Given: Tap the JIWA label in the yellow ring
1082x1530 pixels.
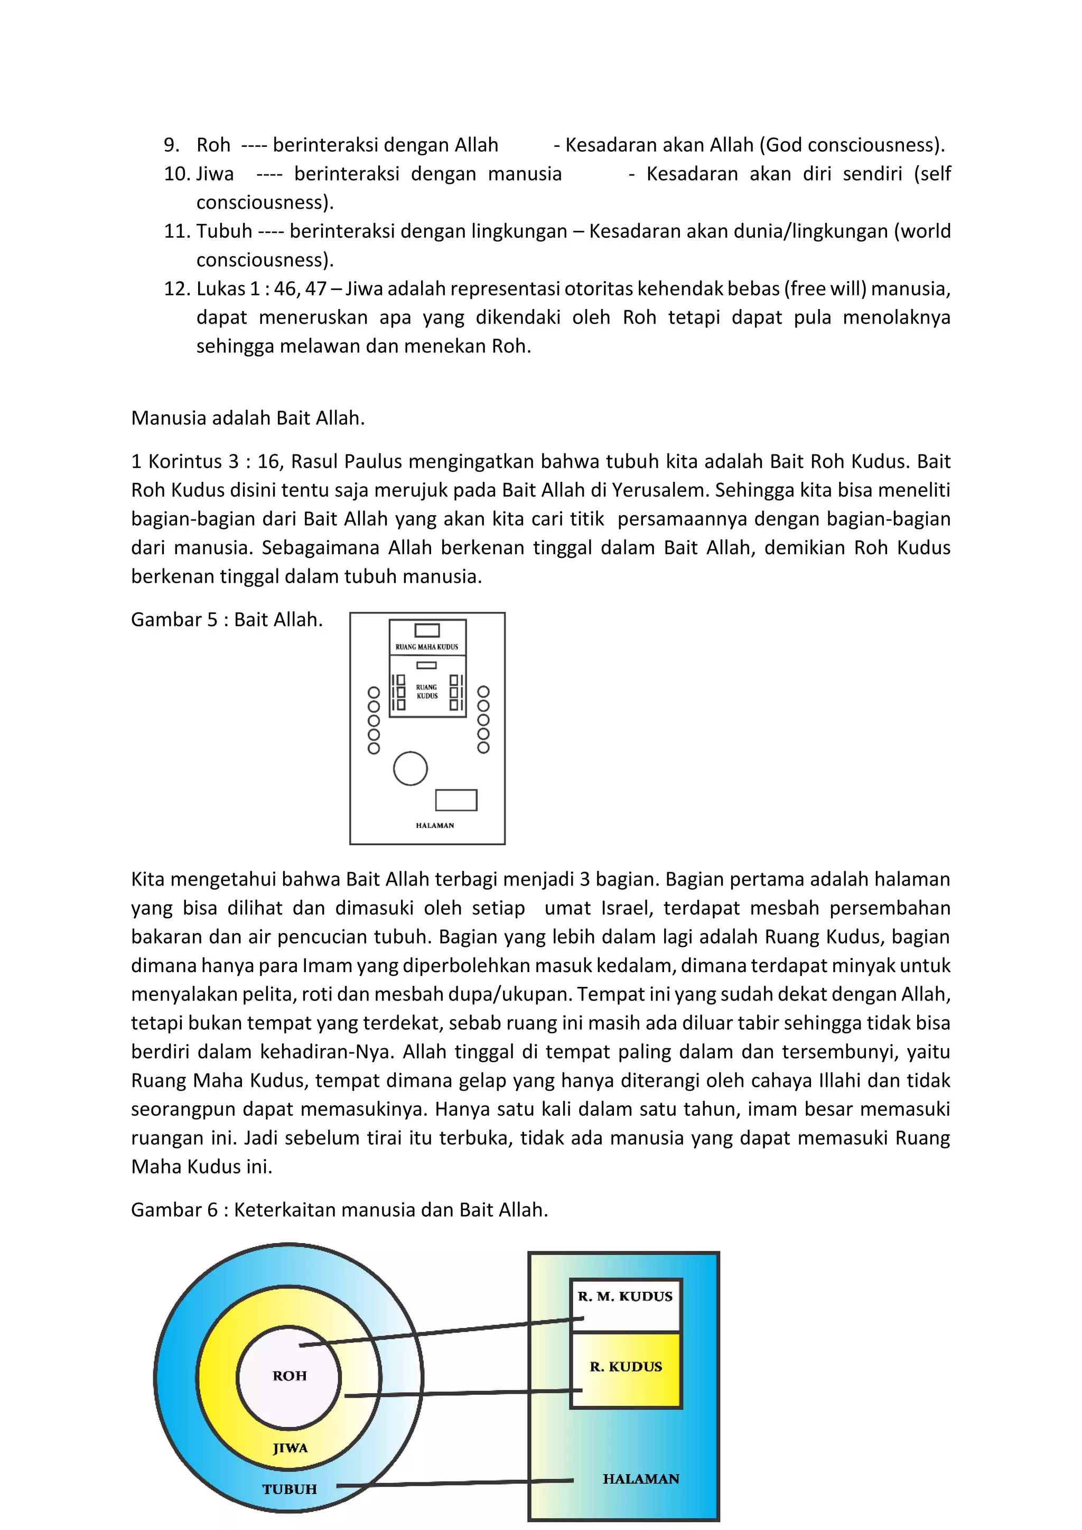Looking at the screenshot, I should click(290, 1448).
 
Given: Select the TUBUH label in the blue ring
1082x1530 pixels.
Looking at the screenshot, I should click(289, 1489).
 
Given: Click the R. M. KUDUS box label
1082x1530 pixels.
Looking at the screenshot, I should click(625, 1296).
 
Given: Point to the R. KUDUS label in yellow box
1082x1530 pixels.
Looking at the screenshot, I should click(626, 1367).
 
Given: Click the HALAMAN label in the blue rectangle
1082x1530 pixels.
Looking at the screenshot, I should click(641, 1479).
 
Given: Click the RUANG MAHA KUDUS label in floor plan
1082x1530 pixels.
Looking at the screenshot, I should click(426, 646).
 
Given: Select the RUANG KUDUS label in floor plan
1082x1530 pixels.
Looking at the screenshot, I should click(427, 691).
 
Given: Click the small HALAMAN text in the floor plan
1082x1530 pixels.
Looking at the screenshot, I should click(435, 825).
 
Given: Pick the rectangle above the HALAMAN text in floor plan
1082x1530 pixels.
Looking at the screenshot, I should click(456, 800).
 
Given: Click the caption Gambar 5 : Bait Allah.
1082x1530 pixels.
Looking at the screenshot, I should click(227, 620).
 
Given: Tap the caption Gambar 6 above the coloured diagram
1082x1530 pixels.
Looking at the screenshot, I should click(339, 1209).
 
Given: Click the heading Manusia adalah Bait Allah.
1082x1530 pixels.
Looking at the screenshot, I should click(248, 418).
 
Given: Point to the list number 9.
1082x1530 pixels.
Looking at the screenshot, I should click(171, 145).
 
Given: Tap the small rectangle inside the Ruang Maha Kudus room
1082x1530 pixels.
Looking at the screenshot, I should click(427, 630).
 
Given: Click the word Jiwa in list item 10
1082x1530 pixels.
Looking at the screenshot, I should click(215, 174).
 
